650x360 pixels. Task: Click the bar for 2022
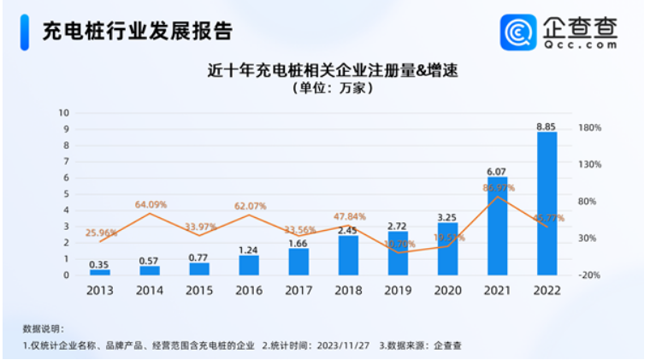click(547, 204)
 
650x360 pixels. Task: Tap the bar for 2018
click(348, 255)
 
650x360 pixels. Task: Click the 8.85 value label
click(547, 127)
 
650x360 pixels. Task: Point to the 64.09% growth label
click(151, 204)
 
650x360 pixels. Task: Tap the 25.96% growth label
click(101, 232)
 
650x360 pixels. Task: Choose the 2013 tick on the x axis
click(100, 289)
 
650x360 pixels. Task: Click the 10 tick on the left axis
click(63, 113)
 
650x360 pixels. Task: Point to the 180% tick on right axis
click(590, 127)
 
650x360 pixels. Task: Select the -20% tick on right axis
click(590, 275)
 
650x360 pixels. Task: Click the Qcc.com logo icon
click(518, 32)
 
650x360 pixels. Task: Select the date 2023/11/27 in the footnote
click(340, 346)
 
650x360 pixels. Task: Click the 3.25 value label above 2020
click(447, 217)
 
